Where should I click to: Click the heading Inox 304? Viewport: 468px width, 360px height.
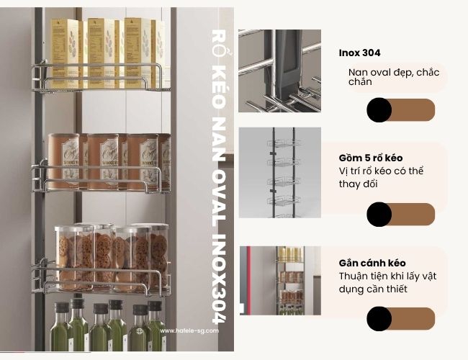tap(359, 53)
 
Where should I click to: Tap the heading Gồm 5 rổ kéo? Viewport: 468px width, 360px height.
tap(371, 158)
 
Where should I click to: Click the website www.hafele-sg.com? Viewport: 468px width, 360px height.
tap(184, 331)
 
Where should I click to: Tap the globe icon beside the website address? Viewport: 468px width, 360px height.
tap(141, 331)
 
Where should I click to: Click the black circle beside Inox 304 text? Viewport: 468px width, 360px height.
tap(379, 110)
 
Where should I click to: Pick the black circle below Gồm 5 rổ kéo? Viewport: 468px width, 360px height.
tap(379, 215)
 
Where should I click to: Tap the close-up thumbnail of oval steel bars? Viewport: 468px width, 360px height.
tap(280, 71)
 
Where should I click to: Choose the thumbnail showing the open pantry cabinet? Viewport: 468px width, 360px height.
tap(280, 280)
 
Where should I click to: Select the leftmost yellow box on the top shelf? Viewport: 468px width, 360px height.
tap(65, 52)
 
